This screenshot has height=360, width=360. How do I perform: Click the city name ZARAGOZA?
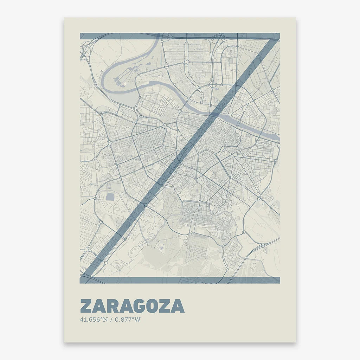(x=132, y=306)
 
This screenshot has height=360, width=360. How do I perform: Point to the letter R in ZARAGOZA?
(x=112, y=306)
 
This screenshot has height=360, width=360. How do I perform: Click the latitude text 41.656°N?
(x=94, y=320)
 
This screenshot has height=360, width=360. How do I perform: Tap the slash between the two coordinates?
(x=111, y=320)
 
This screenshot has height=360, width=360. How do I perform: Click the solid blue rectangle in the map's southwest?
(x=110, y=197)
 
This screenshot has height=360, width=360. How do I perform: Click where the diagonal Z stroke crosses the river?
(x=215, y=113)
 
